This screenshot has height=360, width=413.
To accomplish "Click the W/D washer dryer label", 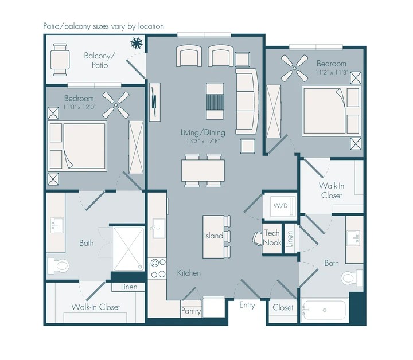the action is [x=280, y=205].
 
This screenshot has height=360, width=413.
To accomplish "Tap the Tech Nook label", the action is [x=272, y=238].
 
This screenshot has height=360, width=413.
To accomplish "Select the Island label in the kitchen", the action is [x=213, y=236].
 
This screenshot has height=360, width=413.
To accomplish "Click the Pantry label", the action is [x=191, y=311].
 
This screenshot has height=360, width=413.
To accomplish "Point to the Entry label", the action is [x=247, y=306].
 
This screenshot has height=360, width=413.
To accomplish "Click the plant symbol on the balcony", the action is [x=137, y=43].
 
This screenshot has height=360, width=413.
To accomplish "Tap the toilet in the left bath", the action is [x=58, y=266].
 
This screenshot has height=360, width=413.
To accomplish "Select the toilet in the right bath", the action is [x=352, y=278].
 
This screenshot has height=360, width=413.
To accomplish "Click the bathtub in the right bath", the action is [x=324, y=310].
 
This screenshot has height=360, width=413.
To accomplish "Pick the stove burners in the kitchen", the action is [x=158, y=268].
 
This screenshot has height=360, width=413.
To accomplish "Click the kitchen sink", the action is [x=159, y=228].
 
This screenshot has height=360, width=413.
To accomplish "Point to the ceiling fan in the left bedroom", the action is [x=116, y=105].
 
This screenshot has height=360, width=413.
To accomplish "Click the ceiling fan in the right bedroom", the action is [x=294, y=68].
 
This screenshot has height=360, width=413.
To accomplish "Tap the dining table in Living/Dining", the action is [x=203, y=170].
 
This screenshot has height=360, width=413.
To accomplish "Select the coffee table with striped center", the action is [x=215, y=101].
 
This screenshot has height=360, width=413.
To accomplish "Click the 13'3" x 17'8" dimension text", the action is [x=203, y=141].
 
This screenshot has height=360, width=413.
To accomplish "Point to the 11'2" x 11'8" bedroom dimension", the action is [x=332, y=72].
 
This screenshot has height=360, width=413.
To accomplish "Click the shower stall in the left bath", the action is [x=128, y=249].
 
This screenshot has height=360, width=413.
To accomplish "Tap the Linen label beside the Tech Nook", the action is [x=290, y=238].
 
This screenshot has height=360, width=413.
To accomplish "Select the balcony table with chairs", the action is [x=60, y=60].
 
